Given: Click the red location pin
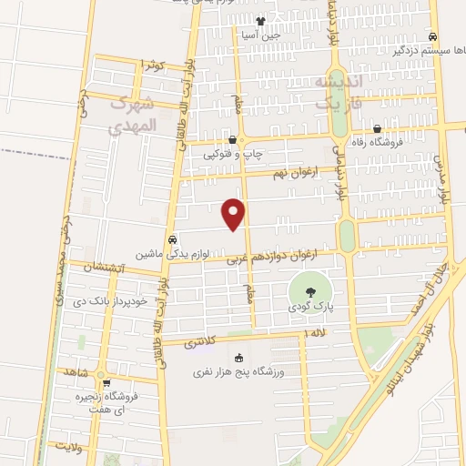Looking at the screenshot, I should coord(235,212).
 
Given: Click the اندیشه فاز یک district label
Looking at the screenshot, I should coord(338,94).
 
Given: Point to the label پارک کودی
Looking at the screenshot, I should coord(313,309).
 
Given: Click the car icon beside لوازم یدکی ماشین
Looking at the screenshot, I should coord(159,240).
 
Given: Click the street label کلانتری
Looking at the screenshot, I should coord(201,343).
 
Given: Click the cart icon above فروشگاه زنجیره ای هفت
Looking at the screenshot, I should coord(107,383).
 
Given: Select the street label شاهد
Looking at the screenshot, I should coord(76,371).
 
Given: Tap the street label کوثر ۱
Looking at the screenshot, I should coord(152,66).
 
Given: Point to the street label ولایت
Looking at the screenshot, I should coord(68,447).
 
